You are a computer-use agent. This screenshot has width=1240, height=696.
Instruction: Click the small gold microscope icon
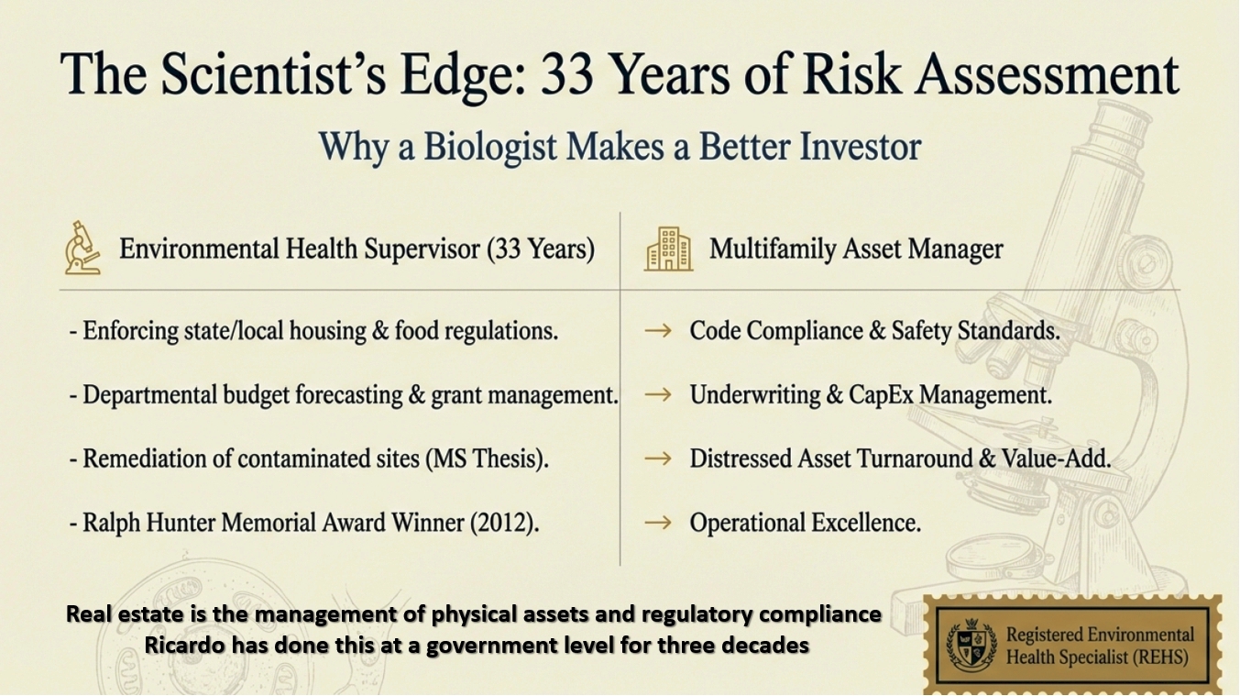(82, 248)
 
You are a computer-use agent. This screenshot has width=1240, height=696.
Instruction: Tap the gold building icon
(668, 249)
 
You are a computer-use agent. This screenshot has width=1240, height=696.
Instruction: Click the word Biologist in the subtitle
(490, 147)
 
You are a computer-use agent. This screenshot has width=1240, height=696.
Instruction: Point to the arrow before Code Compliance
(658, 331)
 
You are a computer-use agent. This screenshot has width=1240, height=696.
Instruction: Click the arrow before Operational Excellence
(658, 523)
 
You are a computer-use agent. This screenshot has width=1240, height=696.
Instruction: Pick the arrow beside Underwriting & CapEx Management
(658, 395)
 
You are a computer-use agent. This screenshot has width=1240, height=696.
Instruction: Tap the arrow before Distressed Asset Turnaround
(658, 458)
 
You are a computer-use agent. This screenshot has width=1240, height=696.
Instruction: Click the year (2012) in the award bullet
(504, 523)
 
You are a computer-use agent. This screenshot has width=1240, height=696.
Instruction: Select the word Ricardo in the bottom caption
(184, 645)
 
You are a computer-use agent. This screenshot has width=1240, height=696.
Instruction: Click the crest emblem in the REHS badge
(971, 645)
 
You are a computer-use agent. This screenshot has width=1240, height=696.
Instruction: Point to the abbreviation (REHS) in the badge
(1160, 657)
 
